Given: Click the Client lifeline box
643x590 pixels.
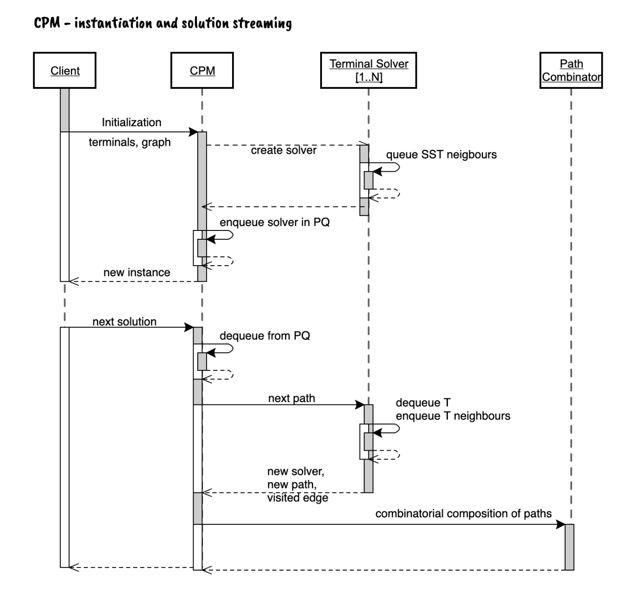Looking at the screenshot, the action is [65, 70].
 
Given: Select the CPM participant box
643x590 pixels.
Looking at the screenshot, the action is [202, 70].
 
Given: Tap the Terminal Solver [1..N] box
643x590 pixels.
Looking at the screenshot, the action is [369, 70].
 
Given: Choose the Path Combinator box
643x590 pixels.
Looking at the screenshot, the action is [571, 70].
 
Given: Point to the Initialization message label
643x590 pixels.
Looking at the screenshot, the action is [132, 122].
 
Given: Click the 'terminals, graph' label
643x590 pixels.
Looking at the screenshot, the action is [130, 142].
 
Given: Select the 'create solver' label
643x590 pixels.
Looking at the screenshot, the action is [284, 150].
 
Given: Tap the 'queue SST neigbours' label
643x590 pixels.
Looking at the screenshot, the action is [441, 155].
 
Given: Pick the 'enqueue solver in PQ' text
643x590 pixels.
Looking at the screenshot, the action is [275, 222].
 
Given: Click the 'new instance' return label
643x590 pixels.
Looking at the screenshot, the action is [137, 273].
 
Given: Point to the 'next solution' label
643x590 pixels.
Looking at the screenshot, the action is [124, 322].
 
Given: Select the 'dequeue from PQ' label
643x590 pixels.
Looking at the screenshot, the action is [265, 335].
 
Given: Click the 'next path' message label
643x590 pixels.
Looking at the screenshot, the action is [292, 398].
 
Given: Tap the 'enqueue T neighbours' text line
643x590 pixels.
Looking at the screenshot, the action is [453, 416].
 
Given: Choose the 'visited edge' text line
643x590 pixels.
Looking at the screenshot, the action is [298, 498].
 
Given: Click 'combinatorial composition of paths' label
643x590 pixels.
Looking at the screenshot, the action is [464, 514].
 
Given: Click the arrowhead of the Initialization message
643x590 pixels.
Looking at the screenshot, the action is [193, 131].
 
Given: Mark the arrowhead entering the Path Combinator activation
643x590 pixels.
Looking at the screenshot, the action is [561, 525].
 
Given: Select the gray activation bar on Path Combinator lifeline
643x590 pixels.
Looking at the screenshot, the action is [569, 547].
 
